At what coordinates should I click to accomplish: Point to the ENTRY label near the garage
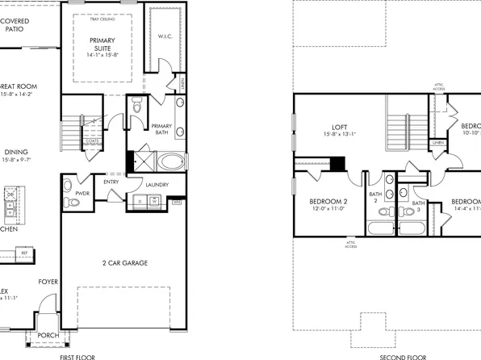(111, 182)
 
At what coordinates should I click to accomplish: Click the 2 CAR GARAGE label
(123, 263)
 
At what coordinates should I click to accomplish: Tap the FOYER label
(48, 282)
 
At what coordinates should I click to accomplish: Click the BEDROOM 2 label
(328, 202)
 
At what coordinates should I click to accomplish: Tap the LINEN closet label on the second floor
(437, 143)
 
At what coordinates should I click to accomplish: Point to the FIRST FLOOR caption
(78, 356)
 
